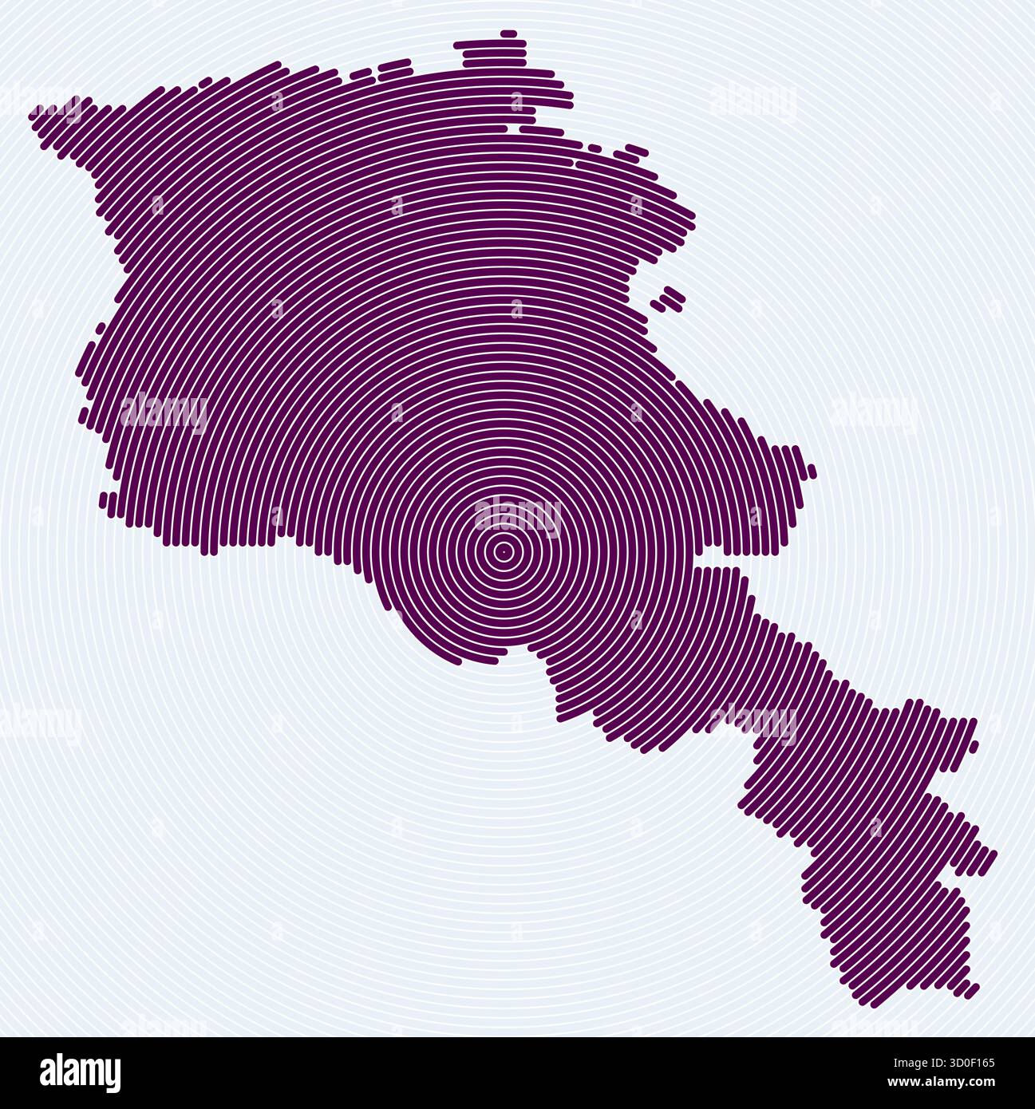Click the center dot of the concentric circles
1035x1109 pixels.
point(503,551)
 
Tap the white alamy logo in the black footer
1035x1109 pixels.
point(80,1073)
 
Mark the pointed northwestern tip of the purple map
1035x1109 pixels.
point(34,116)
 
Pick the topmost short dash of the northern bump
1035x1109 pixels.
point(508,34)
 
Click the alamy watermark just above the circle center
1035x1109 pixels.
point(518,515)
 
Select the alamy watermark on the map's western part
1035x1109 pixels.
point(164,412)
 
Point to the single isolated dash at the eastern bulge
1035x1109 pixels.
point(812,471)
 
